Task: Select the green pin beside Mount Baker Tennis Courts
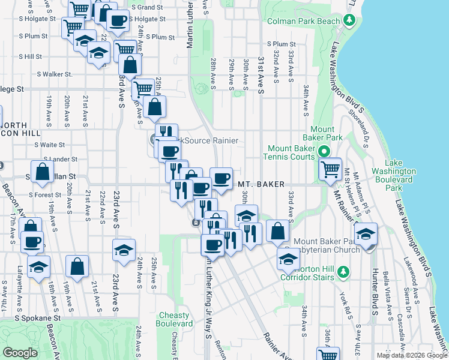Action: click(x=324, y=152)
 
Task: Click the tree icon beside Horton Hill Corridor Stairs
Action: click(x=343, y=272)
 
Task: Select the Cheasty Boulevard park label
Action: click(x=173, y=319)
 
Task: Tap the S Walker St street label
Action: click(x=55, y=74)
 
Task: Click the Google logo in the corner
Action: click(x=20, y=353)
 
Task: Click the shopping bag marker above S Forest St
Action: click(x=43, y=172)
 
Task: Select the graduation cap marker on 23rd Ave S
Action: click(x=124, y=250)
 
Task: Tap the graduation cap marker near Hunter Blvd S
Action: click(x=365, y=235)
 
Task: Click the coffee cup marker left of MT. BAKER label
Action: click(x=221, y=178)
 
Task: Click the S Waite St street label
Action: click(x=50, y=145)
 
